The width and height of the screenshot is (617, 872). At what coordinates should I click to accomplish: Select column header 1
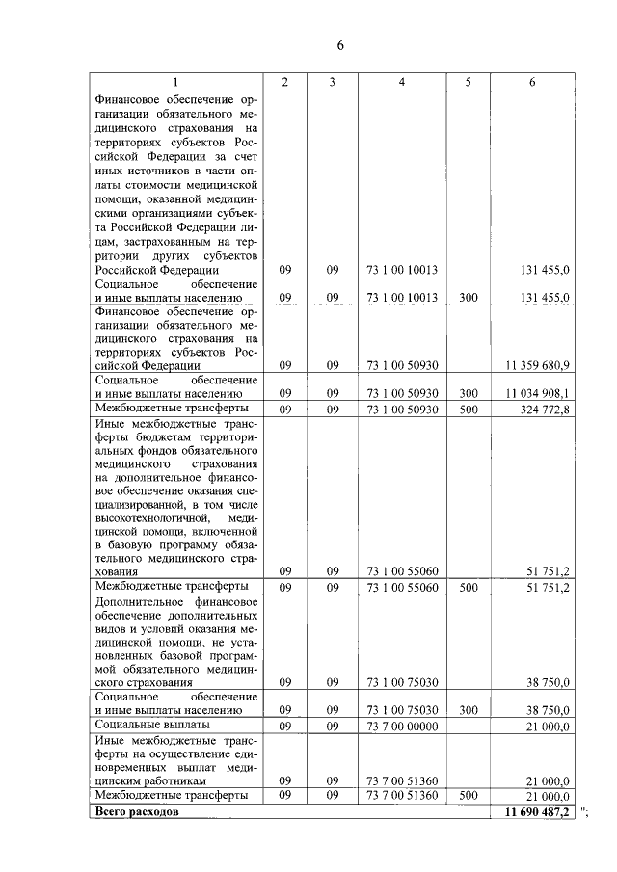coord(174,82)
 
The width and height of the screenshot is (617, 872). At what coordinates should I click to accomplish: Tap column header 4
coord(402,82)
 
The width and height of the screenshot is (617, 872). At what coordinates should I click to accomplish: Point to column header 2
coord(284,82)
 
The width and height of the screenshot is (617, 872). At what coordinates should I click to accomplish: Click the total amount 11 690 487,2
coord(537,813)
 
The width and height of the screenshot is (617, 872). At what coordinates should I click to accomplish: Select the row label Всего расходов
coord(136,813)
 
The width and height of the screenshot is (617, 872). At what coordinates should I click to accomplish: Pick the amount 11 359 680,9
coord(537,366)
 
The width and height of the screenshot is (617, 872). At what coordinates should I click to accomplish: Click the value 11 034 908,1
coord(537,393)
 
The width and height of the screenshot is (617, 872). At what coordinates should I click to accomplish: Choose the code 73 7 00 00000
coord(402,726)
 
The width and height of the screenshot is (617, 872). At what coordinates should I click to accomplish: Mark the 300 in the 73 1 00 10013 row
coord(468,298)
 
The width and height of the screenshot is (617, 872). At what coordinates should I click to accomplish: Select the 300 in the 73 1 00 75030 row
coord(468,710)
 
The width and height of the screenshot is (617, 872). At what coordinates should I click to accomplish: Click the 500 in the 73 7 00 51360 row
coord(468,796)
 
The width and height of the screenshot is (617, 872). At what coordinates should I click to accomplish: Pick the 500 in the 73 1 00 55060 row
coord(468,586)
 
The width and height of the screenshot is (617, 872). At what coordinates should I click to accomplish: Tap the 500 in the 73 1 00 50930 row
coord(468,410)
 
